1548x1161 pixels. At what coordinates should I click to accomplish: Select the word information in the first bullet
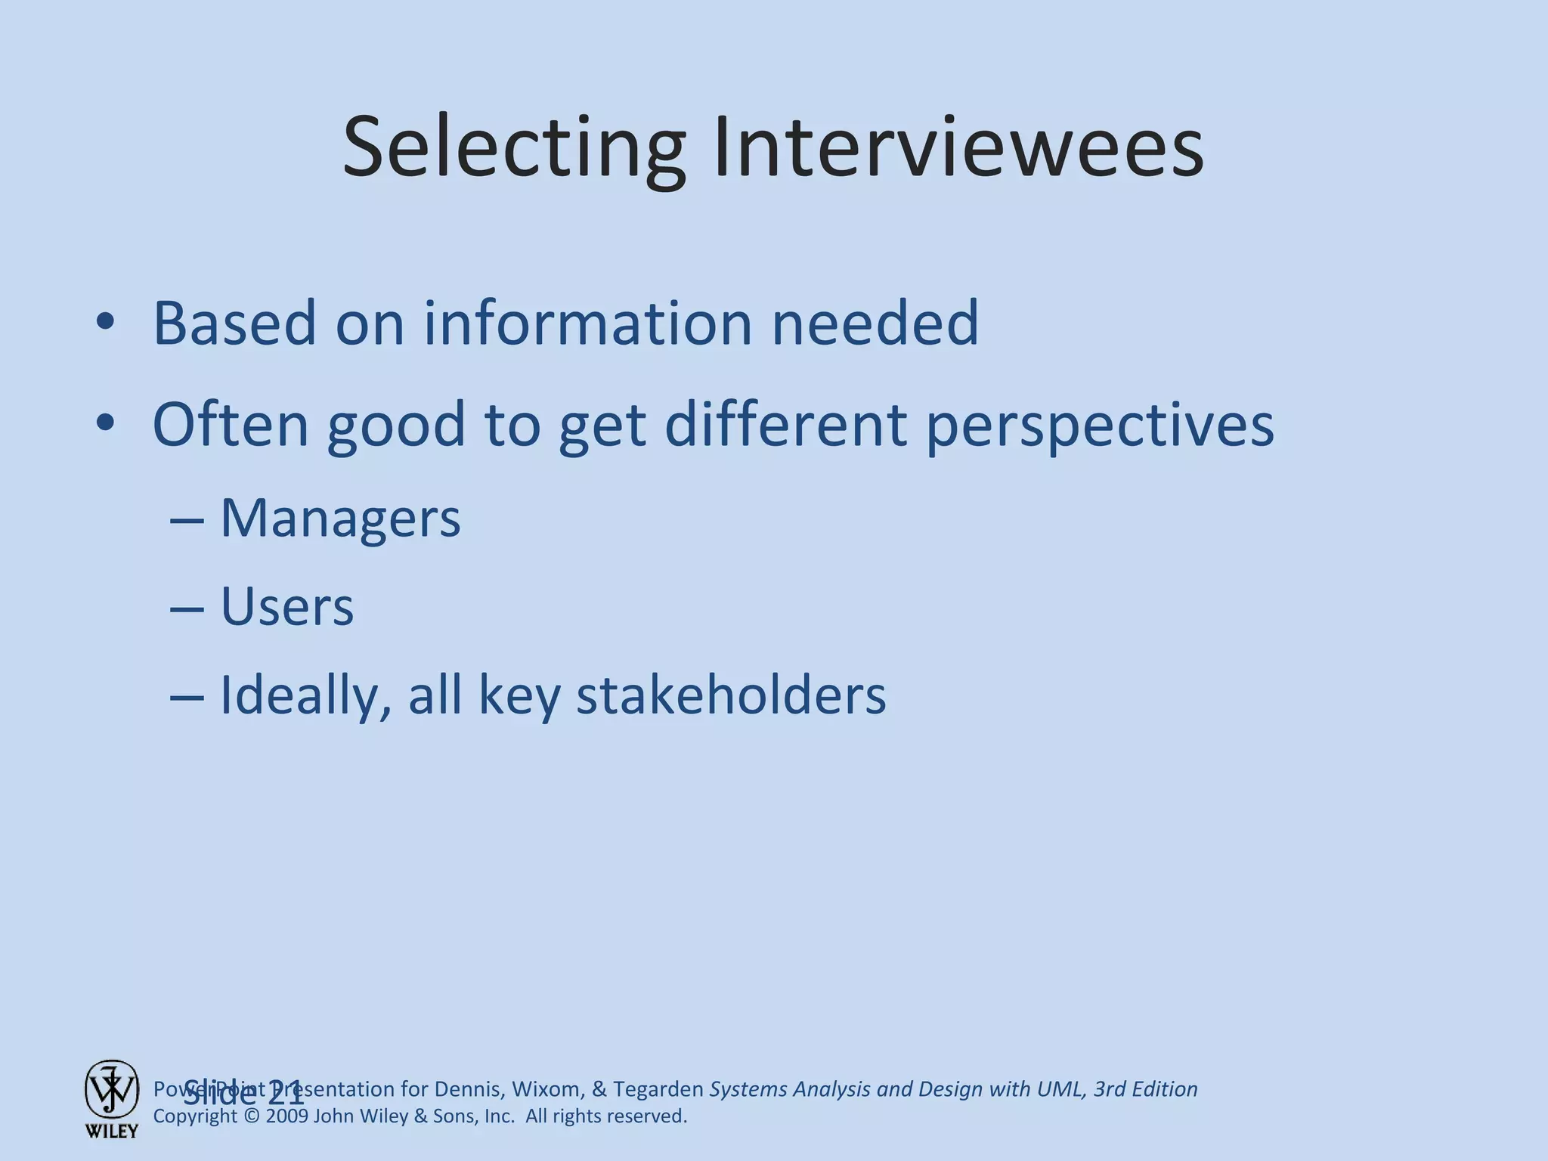[587, 323]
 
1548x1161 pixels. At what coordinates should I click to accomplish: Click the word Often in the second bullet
[231, 424]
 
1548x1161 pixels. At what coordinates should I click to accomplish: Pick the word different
[785, 424]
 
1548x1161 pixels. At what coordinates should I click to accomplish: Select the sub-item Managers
[340, 519]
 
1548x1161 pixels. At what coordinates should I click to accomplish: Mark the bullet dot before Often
[105, 424]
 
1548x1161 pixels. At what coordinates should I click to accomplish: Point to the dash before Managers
[187, 521]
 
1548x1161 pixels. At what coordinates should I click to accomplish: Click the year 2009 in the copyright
[287, 1116]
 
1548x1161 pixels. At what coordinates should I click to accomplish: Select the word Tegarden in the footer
[658, 1089]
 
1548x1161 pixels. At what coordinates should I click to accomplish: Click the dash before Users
[187, 608]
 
